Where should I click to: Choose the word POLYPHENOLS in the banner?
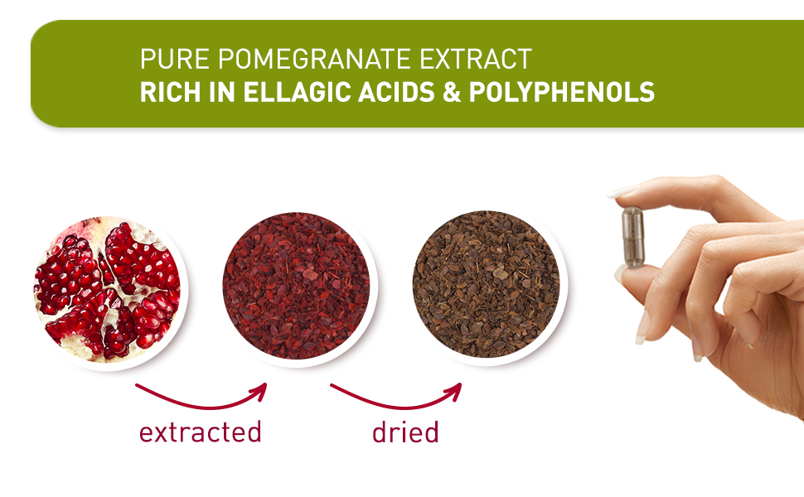561,92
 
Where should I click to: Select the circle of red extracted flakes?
296,286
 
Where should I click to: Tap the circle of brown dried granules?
486,286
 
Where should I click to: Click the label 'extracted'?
200,432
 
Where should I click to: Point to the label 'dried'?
404,432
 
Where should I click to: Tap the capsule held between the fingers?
633,237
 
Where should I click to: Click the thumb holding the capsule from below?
655,286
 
